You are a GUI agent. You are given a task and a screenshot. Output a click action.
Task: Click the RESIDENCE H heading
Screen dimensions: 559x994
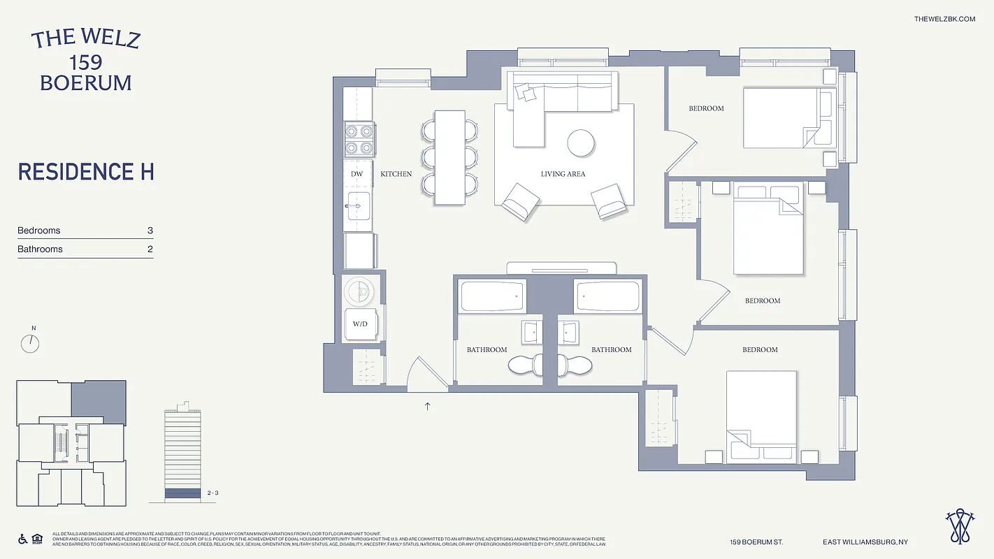(x=86, y=172)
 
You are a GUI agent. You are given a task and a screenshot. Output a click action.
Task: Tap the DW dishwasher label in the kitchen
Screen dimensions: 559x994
(x=356, y=174)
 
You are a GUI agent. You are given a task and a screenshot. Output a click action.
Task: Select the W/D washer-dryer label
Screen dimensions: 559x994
(x=360, y=324)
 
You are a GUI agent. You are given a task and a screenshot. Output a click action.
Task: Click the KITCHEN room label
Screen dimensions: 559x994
(x=396, y=174)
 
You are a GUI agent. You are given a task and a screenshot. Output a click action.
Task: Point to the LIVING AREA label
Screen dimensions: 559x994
(x=563, y=174)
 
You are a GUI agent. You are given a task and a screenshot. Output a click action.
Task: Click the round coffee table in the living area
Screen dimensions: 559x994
(x=580, y=143)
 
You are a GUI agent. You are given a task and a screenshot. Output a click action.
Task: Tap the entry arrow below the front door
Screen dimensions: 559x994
(x=428, y=405)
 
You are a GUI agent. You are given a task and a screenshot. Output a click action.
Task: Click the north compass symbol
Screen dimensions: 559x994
(x=31, y=342)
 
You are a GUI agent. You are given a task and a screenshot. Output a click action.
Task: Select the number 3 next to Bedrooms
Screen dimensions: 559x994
(x=150, y=231)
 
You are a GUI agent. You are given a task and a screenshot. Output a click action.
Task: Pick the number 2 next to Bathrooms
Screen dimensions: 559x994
(x=150, y=249)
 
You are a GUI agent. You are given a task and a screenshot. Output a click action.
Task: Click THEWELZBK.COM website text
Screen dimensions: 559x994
(x=944, y=19)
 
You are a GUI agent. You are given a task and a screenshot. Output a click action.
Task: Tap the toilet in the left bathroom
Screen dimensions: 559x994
(x=526, y=365)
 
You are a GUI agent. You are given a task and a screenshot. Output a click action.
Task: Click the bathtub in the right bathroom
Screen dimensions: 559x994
(x=607, y=296)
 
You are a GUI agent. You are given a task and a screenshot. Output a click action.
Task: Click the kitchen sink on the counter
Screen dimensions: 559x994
(x=357, y=207)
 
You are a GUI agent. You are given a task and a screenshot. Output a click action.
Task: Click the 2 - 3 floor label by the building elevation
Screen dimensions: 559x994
(x=214, y=493)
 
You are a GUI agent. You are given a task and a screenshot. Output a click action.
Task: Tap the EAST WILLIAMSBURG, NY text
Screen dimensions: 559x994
(x=865, y=542)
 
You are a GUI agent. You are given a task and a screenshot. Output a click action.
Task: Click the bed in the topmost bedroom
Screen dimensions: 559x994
(x=786, y=117)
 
